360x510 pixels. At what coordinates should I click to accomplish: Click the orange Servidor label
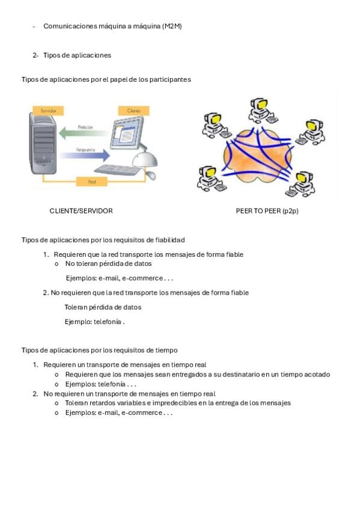point(48,111)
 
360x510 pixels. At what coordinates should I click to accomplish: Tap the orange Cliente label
point(133,111)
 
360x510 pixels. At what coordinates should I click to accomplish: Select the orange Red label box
point(92,182)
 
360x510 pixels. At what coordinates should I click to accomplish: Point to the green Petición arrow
point(84,133)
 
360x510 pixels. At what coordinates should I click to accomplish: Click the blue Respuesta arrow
point(85,155)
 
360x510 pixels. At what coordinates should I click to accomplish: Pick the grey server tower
point(43,143)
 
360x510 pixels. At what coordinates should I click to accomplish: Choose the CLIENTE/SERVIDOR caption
point(81,210)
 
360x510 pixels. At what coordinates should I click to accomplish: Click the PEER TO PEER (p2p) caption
point(267,210)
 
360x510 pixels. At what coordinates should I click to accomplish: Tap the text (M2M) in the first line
point(171,26)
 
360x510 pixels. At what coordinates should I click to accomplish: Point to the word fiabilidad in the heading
point(170,240)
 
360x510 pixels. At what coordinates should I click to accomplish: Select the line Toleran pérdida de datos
point(103,307)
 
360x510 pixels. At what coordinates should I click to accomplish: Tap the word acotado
point(317,374)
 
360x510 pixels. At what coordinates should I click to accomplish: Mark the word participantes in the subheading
point(170,79)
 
